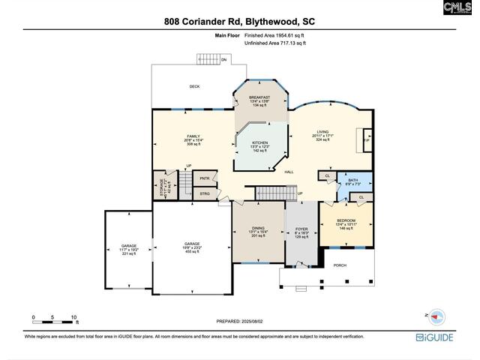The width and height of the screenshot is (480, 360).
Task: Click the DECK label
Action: [194, 86]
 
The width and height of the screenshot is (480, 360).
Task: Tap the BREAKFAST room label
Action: [260, 97]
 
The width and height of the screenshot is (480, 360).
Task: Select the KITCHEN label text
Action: [259, 142]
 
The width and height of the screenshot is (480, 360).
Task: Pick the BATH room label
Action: [352, 180]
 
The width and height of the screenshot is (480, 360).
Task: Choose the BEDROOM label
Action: [346, 220]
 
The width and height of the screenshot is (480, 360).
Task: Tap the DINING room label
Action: [258, 228]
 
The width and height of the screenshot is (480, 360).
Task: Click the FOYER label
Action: [301, 229]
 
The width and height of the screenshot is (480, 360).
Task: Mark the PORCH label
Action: [340, 265]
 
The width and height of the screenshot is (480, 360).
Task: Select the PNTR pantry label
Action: [205, 178]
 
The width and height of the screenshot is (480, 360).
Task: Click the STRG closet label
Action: [205, 194]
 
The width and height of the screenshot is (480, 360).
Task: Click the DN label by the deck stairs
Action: [223, 60]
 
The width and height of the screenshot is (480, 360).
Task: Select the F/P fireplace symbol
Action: [366, 140]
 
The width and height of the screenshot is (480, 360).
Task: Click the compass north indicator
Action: [437, 316]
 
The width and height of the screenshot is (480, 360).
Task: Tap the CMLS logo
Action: [457, 8]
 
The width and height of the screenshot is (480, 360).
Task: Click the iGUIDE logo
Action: [438, 337]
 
